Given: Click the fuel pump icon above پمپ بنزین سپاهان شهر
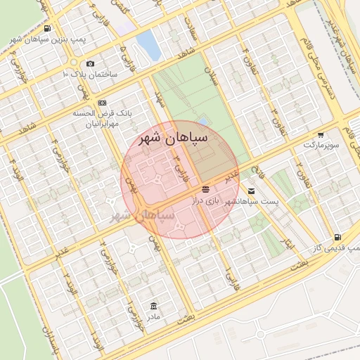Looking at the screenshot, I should [46, 29].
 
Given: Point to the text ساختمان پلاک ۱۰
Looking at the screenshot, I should [91, 74].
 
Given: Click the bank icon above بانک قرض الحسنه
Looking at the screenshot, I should [103, 103].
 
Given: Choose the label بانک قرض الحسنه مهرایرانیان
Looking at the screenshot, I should [103, 118].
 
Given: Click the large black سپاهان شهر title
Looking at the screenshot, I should [174, 138].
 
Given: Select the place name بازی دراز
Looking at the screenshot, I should [206, 200].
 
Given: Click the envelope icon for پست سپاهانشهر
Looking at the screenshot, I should [252, 191].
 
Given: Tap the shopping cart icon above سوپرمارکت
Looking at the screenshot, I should [321, 134].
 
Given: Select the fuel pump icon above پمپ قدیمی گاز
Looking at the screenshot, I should [338, 238].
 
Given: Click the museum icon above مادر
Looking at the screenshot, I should [154, 306].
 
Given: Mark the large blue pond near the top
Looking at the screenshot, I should [148, 45].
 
